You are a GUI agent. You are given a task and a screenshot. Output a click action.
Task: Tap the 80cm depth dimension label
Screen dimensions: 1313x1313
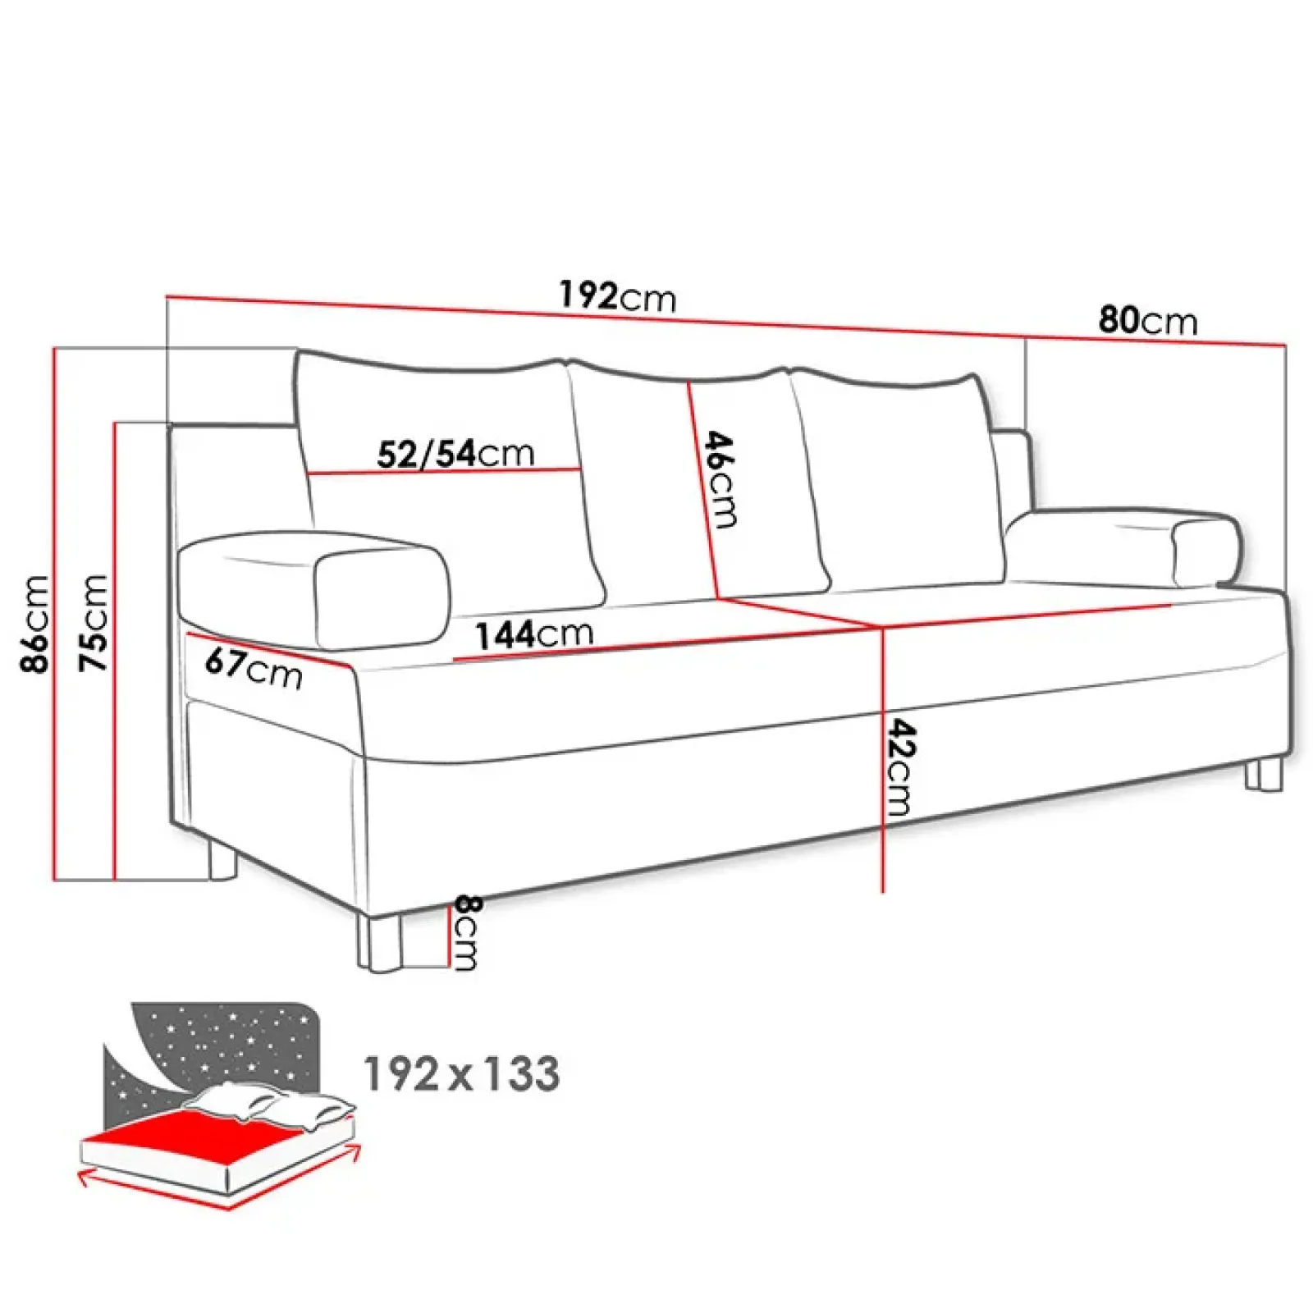[x=1147, y=320]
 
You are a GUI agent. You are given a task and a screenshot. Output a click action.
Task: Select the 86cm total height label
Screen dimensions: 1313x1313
[x=36, y=624]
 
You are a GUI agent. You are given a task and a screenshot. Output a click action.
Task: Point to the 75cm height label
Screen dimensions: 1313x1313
[x=94, y=624]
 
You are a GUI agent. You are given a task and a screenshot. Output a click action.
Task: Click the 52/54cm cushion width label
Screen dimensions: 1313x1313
[x=455, y=453]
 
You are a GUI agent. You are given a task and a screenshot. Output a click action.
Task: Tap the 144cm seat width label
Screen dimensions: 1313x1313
[x=534, y=634]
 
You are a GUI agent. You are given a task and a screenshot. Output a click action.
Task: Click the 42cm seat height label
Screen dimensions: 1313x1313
[x=900, y=767]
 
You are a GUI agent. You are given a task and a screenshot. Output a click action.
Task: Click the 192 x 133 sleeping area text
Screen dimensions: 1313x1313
[x=461, y=1073]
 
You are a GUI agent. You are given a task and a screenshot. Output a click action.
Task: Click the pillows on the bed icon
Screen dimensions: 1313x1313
[x=271, y=1104]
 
